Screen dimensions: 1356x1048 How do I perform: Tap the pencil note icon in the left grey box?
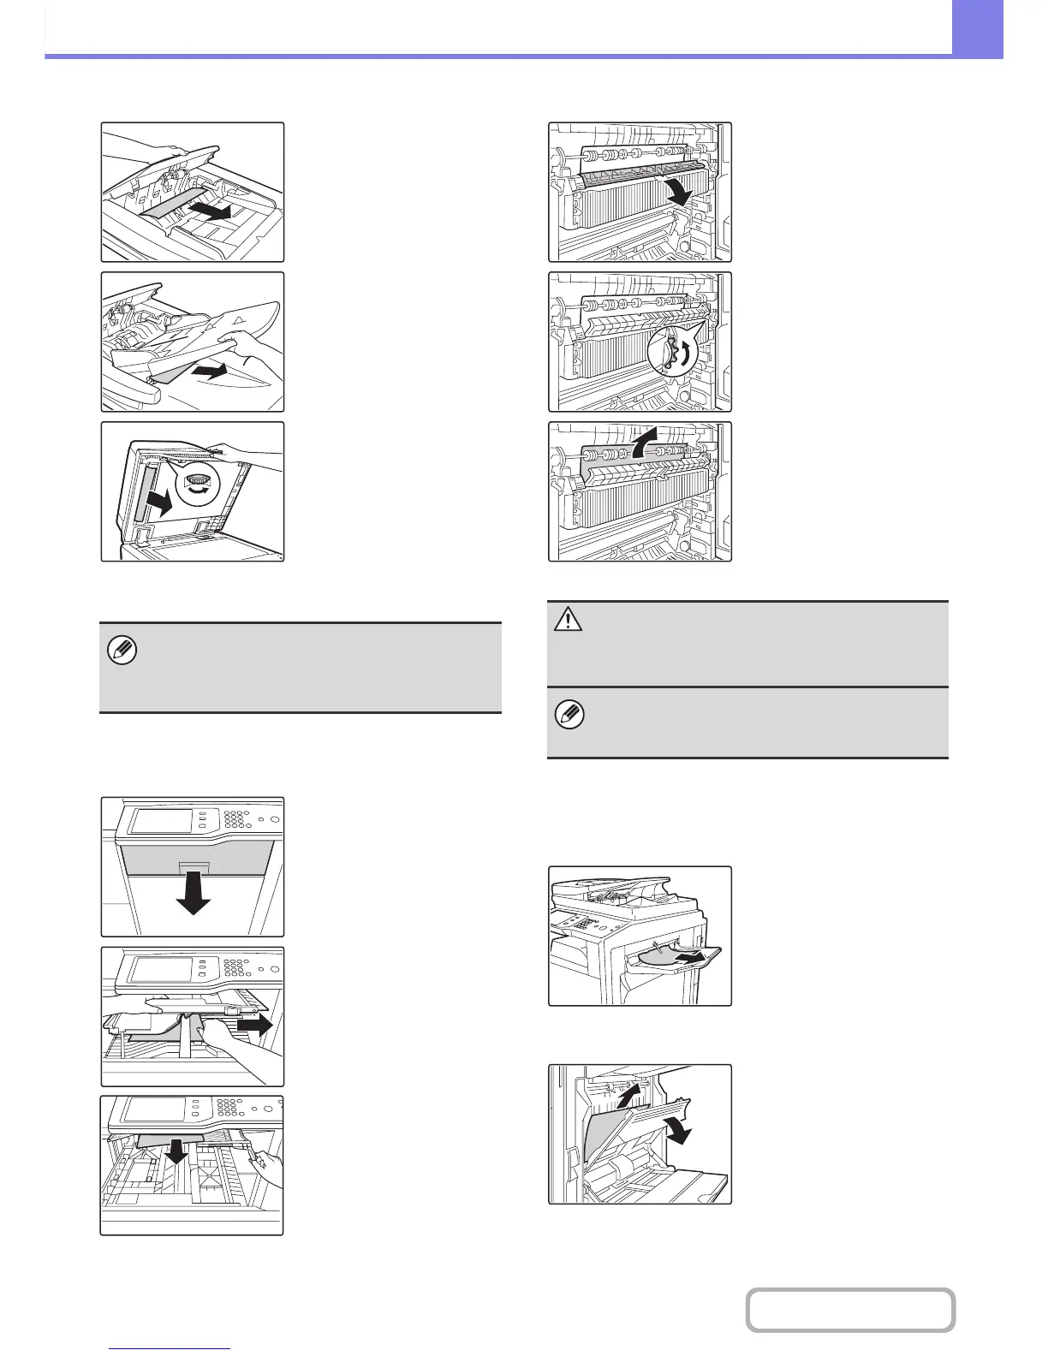click(122, 652)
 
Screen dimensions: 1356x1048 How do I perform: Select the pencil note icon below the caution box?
click(569, 715)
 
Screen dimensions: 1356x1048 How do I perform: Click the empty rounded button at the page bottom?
click(850, 1310)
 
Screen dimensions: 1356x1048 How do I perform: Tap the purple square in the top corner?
click(977, 28)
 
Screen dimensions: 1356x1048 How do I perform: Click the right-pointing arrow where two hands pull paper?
click(254, 1022)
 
